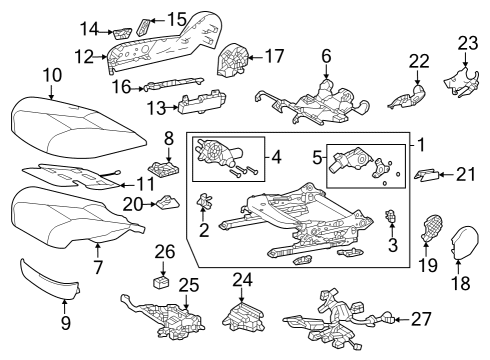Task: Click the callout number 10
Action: [52, 73]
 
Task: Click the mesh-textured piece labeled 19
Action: [432, 229]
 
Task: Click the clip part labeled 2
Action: [207, 202]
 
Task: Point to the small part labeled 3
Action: [391, 217]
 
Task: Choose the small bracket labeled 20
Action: [165, 205]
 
